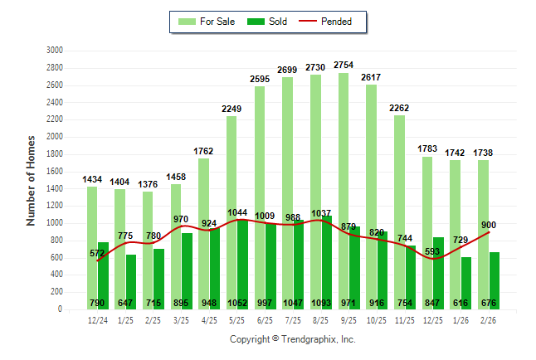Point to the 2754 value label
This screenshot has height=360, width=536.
coord(344,65)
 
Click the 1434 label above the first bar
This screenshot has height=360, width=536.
coord(92,179)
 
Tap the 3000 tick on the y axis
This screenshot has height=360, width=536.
coord(54,50)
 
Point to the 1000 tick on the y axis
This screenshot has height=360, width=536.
coord(54,223)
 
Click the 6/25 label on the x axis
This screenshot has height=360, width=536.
coord(260,319)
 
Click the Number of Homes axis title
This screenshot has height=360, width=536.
coord(31,180)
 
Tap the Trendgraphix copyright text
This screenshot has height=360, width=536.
coord(292,340)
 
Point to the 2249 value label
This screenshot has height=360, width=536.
coord(231,109)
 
